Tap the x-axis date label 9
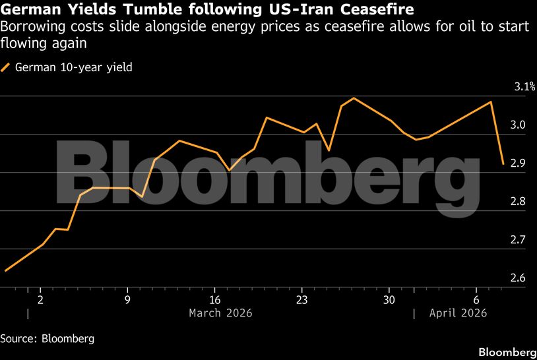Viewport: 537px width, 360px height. click(127, 298)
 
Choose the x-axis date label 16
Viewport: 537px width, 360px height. click(214, 298)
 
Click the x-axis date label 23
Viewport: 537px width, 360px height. click(301, 298)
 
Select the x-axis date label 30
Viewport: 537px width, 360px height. click(389, 298)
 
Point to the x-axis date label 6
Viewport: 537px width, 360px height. click(476, 298)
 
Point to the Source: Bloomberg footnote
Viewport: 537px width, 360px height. click(47, 339)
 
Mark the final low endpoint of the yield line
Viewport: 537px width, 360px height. click(503, 164)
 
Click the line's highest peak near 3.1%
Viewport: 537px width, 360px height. click(354, 98)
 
